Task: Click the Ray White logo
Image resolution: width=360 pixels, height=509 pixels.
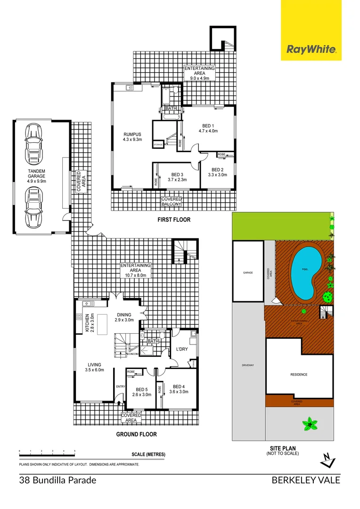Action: [x=311, y=49]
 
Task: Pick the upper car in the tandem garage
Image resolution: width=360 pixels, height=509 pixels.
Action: [x=33, y=139]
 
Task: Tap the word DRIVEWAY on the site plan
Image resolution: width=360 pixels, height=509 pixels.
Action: [x=248, y=365]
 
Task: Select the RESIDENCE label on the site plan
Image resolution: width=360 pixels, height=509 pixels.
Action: [x=298, y=375]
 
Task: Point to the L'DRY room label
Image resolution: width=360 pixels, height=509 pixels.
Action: [x=182, y=349]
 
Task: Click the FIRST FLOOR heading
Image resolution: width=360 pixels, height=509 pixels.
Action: [x=174, y=220]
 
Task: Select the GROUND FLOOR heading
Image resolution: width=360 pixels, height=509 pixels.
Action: [x=137, y=434]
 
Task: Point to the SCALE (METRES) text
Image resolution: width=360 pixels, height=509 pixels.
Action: [x=148, y=454]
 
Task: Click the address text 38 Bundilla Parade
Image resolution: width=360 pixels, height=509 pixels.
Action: [x=58, y=481]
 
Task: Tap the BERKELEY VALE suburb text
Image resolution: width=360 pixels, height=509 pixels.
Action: [x=305, y=481]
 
